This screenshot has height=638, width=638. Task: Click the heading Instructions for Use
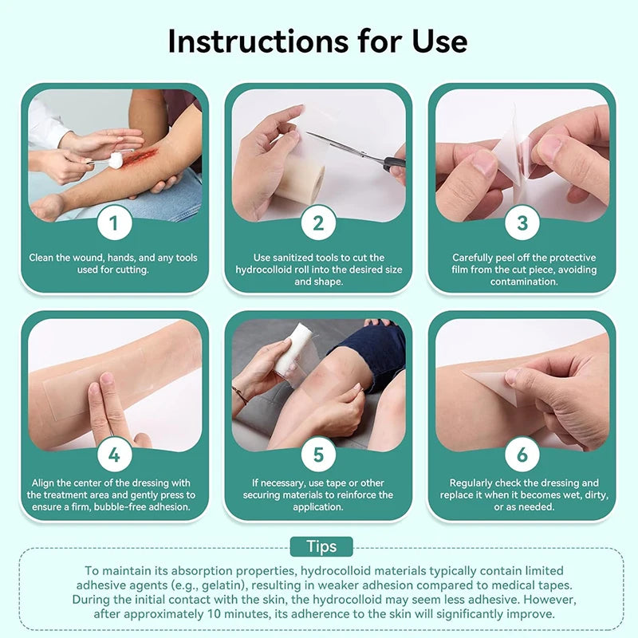(318, 41)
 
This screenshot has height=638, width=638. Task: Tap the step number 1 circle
(114, 223)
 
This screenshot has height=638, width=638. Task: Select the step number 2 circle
(318, 223)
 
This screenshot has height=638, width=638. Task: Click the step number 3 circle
(522, 223)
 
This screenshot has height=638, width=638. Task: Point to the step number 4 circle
(114, 455)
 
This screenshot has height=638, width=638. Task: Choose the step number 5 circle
(318, 455)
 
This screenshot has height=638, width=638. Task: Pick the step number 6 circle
(522, 455)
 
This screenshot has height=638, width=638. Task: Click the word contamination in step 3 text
(522, 282)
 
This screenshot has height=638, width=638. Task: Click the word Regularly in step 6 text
(476, 483)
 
